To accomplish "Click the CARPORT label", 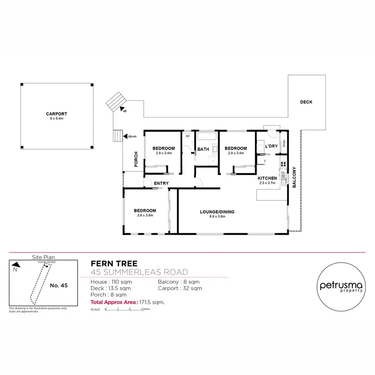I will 56,114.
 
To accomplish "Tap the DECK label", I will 306,102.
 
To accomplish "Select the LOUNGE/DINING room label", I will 217,212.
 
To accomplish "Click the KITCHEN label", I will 267,178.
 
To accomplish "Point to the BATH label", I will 203,150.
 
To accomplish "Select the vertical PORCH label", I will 136,159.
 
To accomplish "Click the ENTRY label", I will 161,183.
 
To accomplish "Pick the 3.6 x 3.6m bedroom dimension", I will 145,216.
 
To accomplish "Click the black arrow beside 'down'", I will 125,136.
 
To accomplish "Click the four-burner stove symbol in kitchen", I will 283,164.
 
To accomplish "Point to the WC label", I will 187,136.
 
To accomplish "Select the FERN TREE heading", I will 114,264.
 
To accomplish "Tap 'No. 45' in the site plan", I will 59,285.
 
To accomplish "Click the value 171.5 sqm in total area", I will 152,301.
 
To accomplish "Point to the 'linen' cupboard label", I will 284,143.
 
